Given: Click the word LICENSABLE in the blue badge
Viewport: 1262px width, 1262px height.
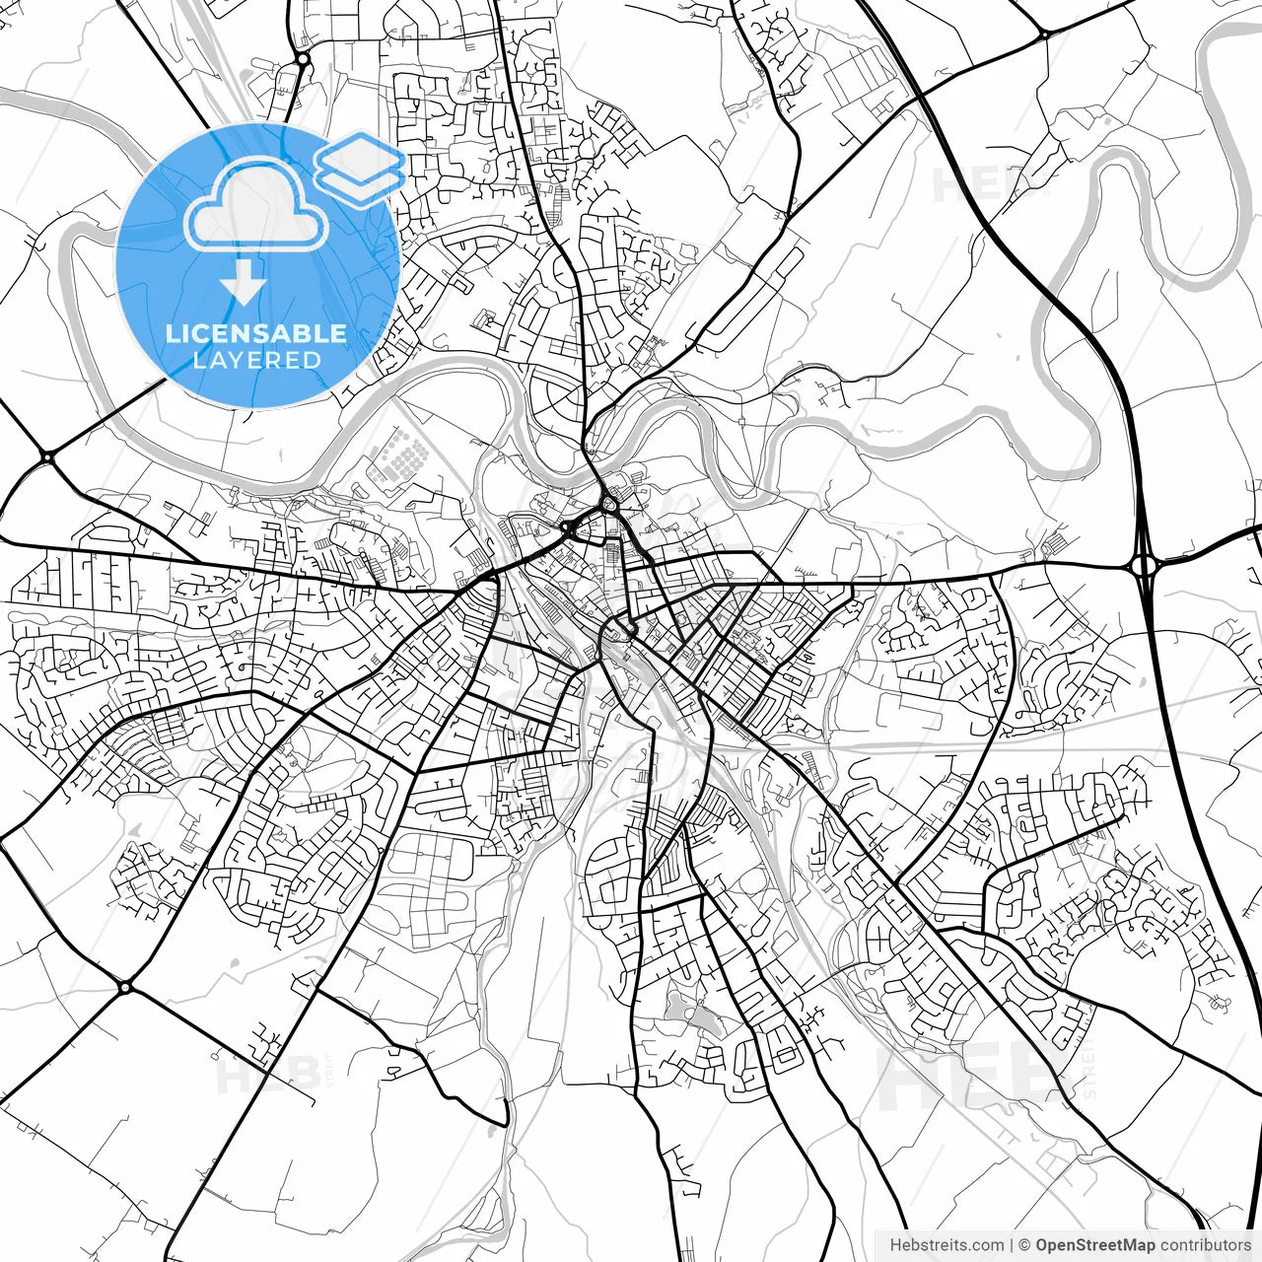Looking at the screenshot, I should (x=256, y=333).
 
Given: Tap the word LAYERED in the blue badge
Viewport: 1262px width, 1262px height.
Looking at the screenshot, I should (x=256, y=361).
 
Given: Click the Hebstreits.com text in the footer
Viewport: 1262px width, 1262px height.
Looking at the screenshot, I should (x=946, y=1245).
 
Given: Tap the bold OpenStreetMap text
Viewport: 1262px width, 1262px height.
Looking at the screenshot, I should (x=1094, y=1245).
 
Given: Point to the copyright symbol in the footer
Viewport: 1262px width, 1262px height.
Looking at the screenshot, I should (x=1025, y=1245).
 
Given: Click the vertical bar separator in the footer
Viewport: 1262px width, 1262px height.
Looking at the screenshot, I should (x=1013, y=1245).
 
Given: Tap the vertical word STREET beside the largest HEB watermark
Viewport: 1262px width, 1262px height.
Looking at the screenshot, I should (x=1088, y=1070).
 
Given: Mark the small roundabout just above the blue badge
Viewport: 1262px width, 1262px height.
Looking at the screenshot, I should (x=302, y=59).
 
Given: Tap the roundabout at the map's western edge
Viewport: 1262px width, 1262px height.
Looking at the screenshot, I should (x=47, y=456).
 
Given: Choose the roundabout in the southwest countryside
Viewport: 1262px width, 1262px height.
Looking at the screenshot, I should (x=124, y=986).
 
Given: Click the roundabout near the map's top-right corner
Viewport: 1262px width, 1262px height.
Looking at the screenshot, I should (x=1044, y=35).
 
